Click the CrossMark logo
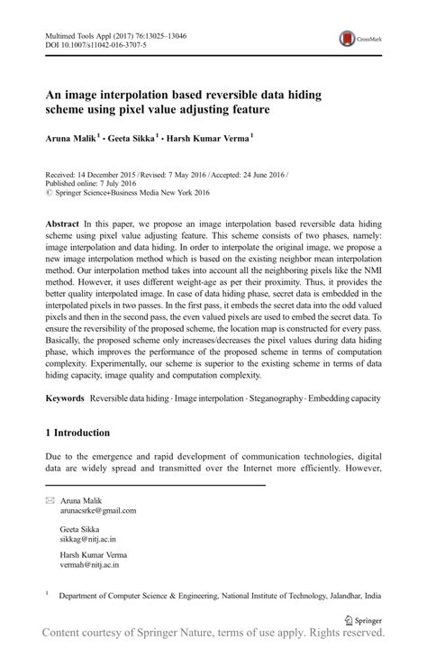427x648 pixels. [x=360, y=38]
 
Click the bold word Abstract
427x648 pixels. [x=63, y=222]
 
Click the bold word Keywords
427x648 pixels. [x=65, y=397]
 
